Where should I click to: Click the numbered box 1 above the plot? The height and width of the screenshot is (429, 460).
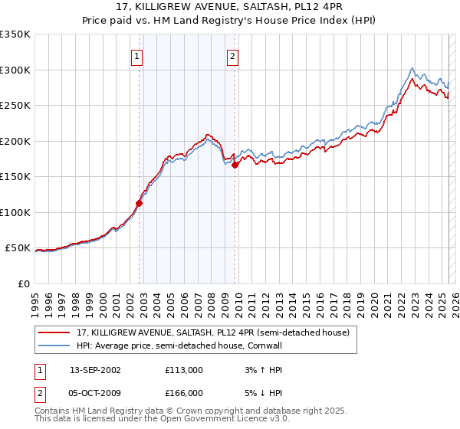pyautogui.click(x=136, y=55)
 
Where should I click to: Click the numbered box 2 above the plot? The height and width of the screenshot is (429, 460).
pyautogui.click(x=232, y=55)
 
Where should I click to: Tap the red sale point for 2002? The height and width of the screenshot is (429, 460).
pyautogui.click(x=139, y=203)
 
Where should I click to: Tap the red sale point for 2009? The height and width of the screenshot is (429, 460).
pyautogui.click(x=235, y=165)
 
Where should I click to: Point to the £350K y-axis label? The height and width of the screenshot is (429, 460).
pyautogui.click(x=15, y=34)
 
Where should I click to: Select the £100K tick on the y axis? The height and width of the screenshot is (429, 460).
pyautogui.click(x=15, y=212)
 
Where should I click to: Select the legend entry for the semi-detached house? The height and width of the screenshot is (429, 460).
pyautogui.click(x=213, y=332)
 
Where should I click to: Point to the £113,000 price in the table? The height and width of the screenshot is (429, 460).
pyautogui.click(x=184, y=369)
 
